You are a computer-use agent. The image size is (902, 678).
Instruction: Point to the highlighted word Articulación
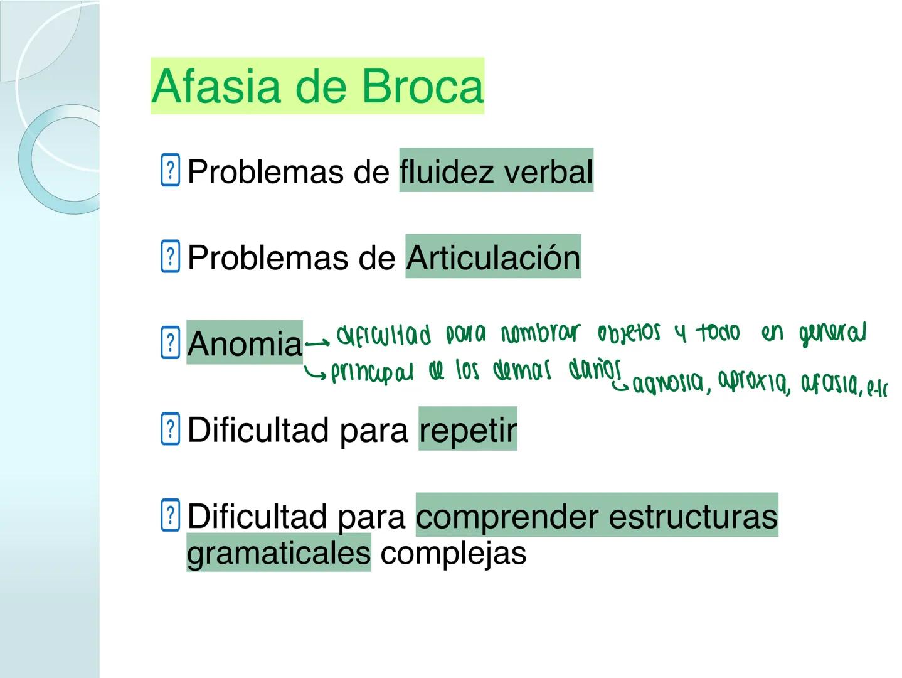[493, 257]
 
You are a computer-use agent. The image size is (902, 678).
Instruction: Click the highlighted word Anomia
[245, 343]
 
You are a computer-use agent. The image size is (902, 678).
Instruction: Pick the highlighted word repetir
[468, 430]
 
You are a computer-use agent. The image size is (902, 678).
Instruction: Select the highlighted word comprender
[507, 516]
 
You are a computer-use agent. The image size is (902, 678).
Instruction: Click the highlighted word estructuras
[692, 516]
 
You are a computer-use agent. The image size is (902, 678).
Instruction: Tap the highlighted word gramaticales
[279, 552]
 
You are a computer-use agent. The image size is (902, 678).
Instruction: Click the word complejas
[453, 552]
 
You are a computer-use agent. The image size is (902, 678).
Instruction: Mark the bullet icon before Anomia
[170, 343]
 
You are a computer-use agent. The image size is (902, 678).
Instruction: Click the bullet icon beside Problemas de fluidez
[170, 170]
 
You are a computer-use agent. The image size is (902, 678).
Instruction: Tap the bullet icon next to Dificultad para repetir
[170, 429]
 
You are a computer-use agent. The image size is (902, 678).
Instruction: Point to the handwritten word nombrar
[541, 333]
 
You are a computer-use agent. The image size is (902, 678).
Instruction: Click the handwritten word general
[832, 333]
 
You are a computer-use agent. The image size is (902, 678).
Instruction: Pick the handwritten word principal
[372, 373]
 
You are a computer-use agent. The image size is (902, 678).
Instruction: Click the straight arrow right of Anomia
[317, 343]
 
